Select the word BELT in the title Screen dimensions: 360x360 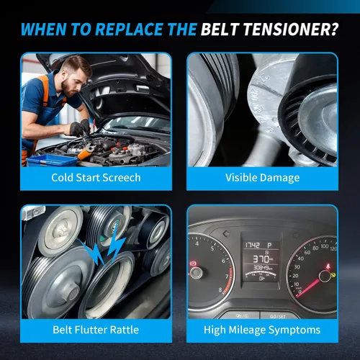pos(220,30)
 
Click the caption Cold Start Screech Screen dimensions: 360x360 pos(96,178)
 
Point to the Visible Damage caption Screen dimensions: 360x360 pos(262,178)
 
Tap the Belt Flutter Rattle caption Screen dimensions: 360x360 pos(96,330)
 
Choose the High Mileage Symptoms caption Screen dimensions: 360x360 pos(262,330)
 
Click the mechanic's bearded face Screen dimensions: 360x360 pos(71,81)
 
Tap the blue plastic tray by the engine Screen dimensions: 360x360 pos(52,161)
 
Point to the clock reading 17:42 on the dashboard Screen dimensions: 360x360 pos(253,245)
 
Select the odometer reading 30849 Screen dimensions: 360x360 pos(261,268)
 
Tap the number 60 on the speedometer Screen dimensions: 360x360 pos(307,252)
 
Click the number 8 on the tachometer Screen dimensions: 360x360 pos(220,290)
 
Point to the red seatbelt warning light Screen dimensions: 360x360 pos(328,266)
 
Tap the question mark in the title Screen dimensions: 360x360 pos(334,30)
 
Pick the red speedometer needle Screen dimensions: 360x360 pos(308,288)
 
